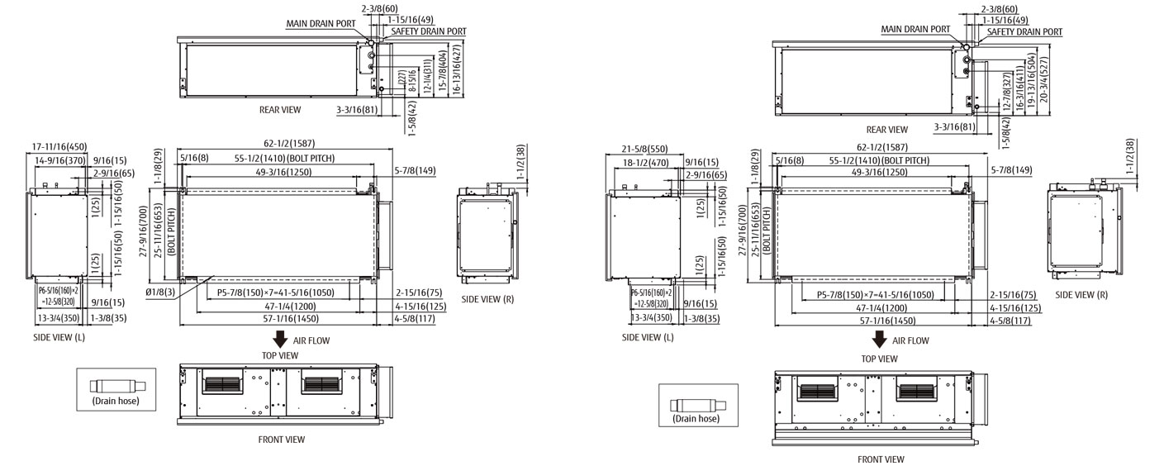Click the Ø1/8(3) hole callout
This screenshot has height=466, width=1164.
(x=161, y=293)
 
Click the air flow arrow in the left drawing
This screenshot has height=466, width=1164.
(x=280, y=339)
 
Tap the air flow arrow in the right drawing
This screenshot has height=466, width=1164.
(x=880, y=340)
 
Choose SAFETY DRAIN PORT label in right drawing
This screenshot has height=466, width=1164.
(x=1024, y=31)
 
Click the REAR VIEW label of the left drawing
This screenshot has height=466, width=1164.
(x=280, y=109)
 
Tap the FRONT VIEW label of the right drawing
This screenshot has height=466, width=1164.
(x=881, y=459)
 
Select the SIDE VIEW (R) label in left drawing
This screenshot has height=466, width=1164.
(x=487, y=299)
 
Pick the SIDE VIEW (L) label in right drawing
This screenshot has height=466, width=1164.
(x=648, y=337)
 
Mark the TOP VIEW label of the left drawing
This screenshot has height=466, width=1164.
(x=280, y=355)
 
